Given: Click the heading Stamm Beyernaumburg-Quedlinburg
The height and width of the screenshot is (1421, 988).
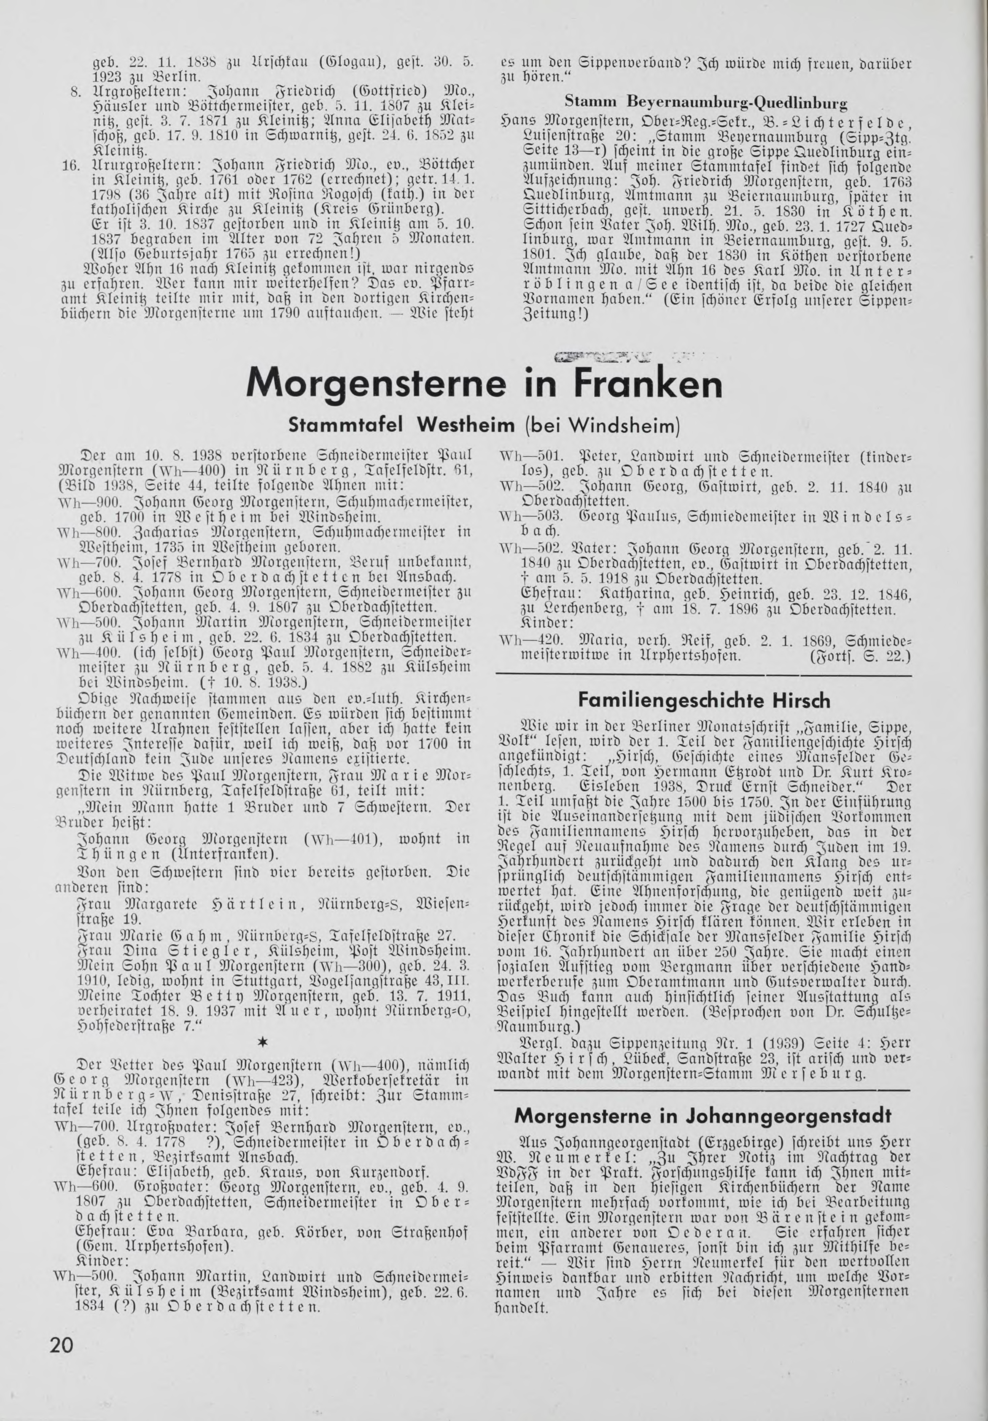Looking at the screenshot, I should tap(706, 101).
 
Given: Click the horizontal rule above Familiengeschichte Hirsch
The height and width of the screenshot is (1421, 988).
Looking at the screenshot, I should tap(703, 673).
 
